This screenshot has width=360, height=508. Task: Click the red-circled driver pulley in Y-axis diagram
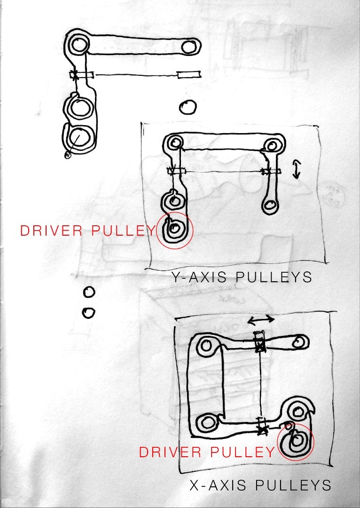coord(174,230)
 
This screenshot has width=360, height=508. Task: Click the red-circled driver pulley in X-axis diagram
coord(296,442)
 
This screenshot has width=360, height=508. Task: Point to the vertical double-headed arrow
coord(296,170)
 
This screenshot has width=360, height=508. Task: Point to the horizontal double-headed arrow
coord(261,320)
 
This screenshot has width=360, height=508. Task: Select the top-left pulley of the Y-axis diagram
coord(175,143)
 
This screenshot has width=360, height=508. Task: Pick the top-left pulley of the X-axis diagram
coord(206,346)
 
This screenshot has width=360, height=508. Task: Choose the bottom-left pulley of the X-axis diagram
coord(206,422)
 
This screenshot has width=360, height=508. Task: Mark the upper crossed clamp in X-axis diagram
coord(259,346)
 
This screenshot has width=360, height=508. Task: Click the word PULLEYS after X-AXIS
coord(293,485)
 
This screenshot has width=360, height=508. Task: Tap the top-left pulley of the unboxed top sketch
coord(78,44)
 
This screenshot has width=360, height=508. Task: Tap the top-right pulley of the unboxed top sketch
coord(188,47)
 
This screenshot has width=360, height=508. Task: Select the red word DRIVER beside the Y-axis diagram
coord(52,230)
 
